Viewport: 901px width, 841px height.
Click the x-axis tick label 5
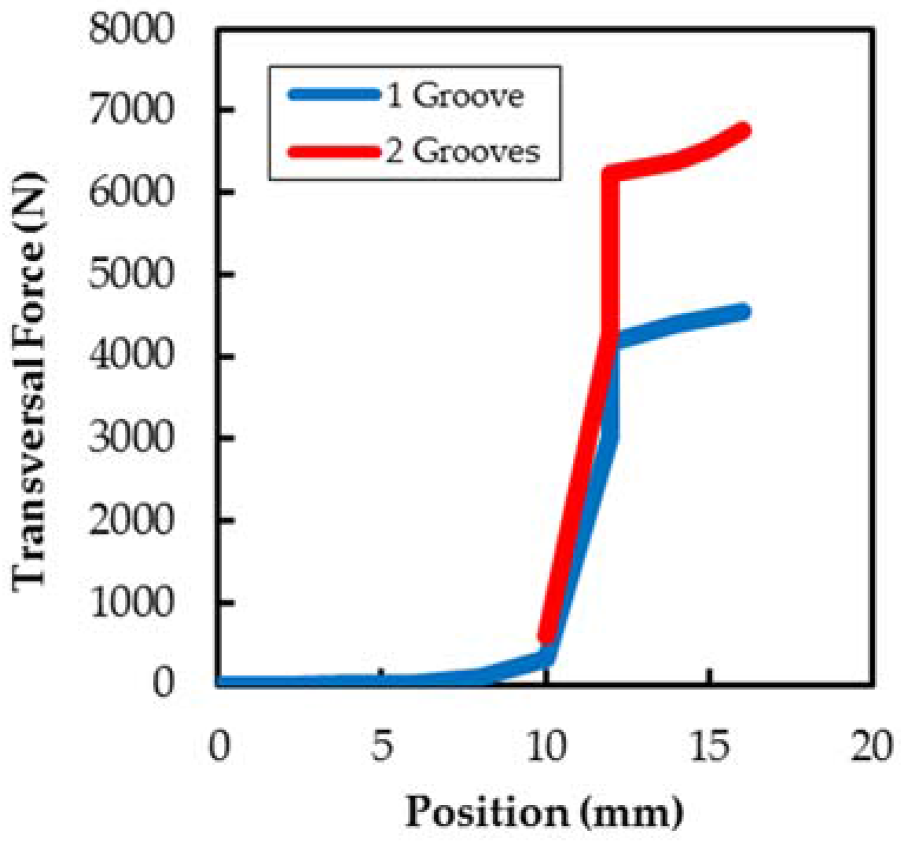pos(382,746)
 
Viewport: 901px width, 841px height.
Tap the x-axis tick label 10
pos(546,746)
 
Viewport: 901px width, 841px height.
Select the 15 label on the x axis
pos(709,746)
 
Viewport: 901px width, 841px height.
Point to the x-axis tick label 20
pos(873,746)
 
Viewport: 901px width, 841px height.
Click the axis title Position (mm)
pos(544,812)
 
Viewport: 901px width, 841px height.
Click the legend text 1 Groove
pos(456,95)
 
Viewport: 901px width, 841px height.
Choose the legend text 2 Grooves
pos(463,151)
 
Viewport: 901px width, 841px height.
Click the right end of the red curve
pos(744,130)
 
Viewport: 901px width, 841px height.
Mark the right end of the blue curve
pos(744,311)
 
